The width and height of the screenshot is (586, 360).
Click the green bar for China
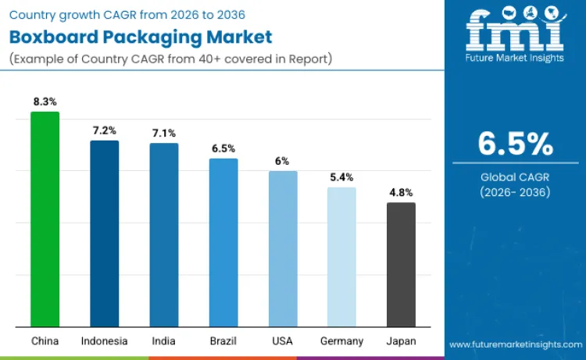[x=45, y=219]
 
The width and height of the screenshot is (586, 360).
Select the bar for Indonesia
[x=104, y=233]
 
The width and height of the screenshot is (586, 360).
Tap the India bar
[x=164, y=235]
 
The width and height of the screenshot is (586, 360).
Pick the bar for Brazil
[x=223, y=243]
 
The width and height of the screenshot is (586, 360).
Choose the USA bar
[x=283, y=249]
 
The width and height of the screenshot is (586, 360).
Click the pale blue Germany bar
[x=341, y=257]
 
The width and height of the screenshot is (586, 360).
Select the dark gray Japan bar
[x=401, y=265]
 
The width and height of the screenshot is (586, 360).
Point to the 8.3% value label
[x=45, y=102]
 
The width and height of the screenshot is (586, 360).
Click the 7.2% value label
[x=104, y=130]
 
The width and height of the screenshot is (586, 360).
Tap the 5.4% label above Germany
[x=341, y=177]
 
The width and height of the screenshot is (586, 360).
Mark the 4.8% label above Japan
[x=401, y=192]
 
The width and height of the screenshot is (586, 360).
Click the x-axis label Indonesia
[x=104, y=341]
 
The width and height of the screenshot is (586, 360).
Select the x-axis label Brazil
[x=223, y=341]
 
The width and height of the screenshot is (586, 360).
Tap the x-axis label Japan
[x=401, y=341]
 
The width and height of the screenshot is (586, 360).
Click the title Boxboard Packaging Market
[x=140, y=37]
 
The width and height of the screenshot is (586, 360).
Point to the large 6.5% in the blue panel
[x=516, y=144]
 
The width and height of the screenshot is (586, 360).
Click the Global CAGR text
[x=516, y=177]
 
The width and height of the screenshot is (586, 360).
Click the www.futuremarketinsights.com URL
[x=516, y=344]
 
